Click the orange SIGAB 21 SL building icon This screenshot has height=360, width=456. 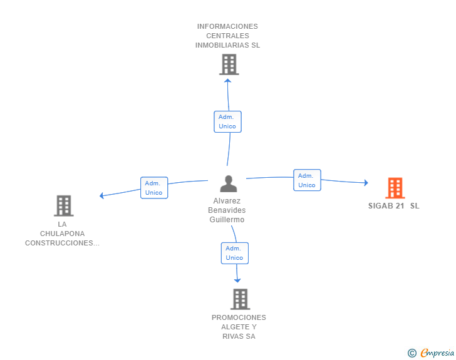pyautogui.click(x=395, y=188)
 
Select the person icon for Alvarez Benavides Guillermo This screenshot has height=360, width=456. pyautogui.click(x=229, y=184)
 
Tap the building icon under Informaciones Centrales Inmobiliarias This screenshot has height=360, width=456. pyautogui.click(x=229, y=64)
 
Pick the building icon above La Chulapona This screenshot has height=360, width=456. pyautogui.click(x=64, y=205)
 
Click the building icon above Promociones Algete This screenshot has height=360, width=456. pyautogui.click(x=241, y=299)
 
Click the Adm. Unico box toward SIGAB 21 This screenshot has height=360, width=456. pyautogui.click(x=307, y=180)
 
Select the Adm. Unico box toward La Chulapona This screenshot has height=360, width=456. pyautogui.click(x=154, y=188)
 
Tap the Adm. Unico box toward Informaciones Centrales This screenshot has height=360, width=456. pyautogui.click(x=227, y=121)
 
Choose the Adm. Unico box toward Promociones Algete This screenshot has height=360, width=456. pyautogui.click(x=235, y=254)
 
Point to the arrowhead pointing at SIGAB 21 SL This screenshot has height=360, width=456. pyautogui.click(x=366, y=183)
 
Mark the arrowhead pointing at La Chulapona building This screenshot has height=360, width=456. pyautogui.click(x=101, y=195)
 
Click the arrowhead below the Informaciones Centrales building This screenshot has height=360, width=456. pyautogui.click(x=228, y=81)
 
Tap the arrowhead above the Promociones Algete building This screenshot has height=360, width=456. pyautogui.click(x=237, y=280)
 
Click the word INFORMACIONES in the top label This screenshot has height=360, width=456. pyautogui.click(x=227, y=26)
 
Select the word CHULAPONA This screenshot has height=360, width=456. pyautogui.click(x=62, y=234)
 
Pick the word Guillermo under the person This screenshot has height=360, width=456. pyautogui.click(x=227, y=220)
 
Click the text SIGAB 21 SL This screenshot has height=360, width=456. pyautogui.click(x=394, y=206)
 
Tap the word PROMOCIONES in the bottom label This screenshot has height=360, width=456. pyautogui.click(x=239, y=317)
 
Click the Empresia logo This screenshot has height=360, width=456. pyautogui.click(x=437, y=353)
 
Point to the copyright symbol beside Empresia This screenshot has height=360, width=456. pyautogui.click(x=412, y=353)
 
